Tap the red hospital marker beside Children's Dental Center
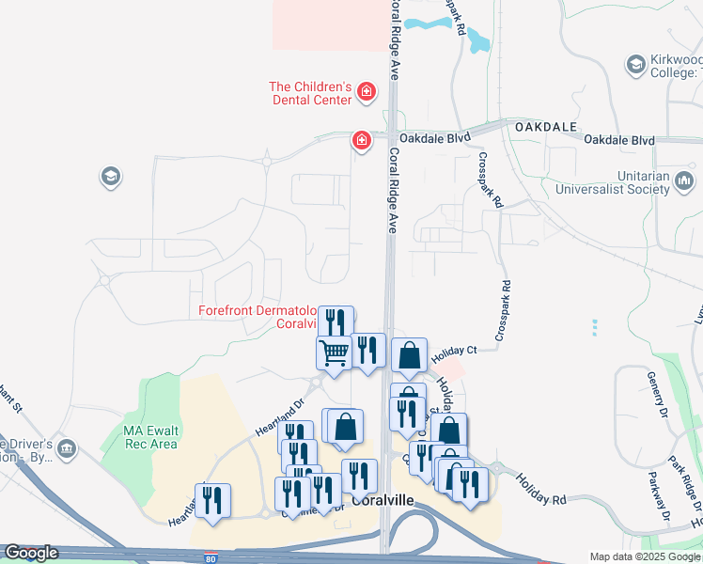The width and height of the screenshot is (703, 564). tap(366, 93)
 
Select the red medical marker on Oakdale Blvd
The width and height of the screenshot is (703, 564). tap(361, 142)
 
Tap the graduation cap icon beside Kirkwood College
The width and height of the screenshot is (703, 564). tap(635, 64)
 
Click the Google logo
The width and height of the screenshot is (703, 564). tap(31, 553)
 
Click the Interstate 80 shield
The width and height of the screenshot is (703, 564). tap(211, 556)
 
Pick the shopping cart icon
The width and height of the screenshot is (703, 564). tap(335, 353)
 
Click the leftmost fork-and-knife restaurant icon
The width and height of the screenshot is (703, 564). tap(212, 500)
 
